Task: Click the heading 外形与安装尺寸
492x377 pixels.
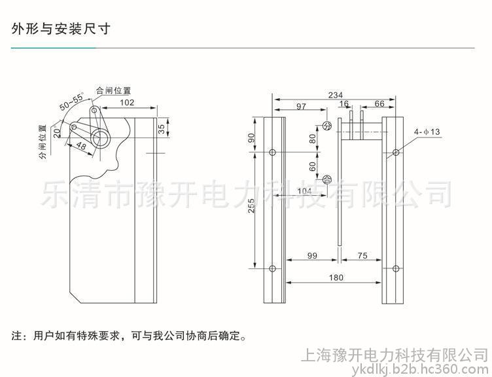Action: click(x=60, y=29)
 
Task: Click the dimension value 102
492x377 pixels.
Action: click(x=128, y=103)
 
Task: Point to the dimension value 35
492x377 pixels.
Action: click(x=162, y=128)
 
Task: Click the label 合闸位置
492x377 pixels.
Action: click(x=113, y=90)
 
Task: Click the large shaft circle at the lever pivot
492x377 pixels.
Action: click(x=101, y=136)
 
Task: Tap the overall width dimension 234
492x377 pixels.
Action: click(x=334, y=95)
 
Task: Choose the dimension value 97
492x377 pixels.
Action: click(x=301, y=106)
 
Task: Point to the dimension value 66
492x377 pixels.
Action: click(x=379, y=104)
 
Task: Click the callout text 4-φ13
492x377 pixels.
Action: click(x=427, y=132)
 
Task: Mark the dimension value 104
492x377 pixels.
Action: click(x=305, y=190)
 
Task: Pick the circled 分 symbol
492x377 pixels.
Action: click(x=328, y=127)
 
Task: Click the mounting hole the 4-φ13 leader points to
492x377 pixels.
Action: click(x=395, y=153)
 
